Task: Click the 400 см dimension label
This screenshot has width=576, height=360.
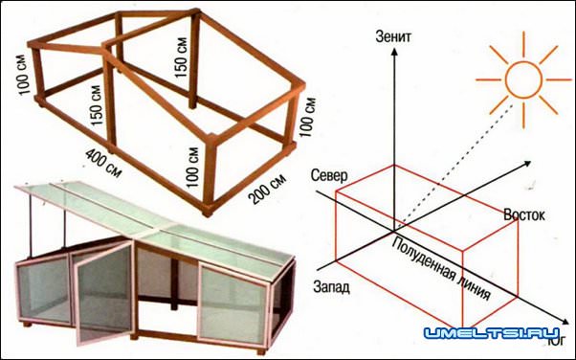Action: (103, 163)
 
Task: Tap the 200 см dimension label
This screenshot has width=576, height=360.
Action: (267, 189)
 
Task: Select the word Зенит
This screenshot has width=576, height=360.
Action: (393, 37)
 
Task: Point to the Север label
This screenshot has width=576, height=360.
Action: (329, 176)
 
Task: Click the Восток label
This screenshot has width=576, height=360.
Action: (524, 215)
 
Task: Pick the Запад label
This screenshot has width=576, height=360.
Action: (331, 287)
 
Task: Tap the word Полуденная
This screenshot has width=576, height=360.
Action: (423, 259)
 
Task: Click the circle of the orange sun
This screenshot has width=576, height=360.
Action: (523, 79)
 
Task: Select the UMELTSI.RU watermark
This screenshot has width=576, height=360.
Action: (492, 333)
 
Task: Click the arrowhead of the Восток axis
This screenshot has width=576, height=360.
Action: (527, 164)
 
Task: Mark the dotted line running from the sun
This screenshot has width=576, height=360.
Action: (454, 168)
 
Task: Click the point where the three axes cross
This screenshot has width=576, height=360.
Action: (394, 231)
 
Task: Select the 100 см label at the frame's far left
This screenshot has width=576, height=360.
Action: (22, 75)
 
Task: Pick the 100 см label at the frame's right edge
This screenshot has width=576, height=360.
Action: (307, 117)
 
